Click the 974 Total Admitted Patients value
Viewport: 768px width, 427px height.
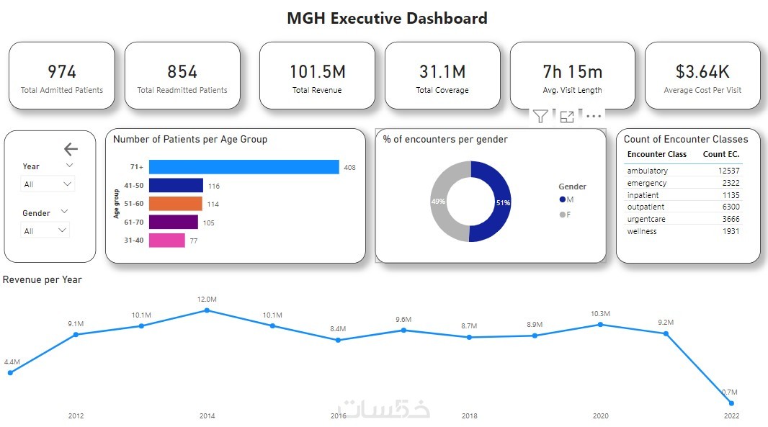pyautogui.click(x=62, y=71)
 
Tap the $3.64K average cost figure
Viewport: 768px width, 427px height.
pyautogui.click(x=702, y=71)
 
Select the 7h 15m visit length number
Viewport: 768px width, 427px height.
pyautogui.click(x=572, y=71)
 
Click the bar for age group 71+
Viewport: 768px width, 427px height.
pyautogui.click(x=244, y=167)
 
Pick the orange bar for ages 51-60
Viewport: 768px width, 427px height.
pyautogui.click(x=175, y=204)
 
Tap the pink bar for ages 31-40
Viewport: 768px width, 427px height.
pyautogui.click(x=166, y=241)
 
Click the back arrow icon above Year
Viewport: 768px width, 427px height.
pyautogui.click(x=71, y=149)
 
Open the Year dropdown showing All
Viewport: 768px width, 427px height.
pyautogui.click(x=48, y=184)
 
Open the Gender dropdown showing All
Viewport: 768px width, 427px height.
pyautogui.click(x=45, y=231)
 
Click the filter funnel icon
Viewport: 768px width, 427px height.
pyautogui.click(x=540, y=116)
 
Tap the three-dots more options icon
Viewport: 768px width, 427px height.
pyautogui.click(x=593, y=116)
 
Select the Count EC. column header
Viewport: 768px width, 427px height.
pyautogui.click(x=720, y=154)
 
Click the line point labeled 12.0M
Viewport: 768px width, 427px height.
pyautogui.click(x=207, y=310)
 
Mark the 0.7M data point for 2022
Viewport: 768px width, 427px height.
pyautogui.click(x=731, y=403)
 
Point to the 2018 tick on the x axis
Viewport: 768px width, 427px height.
pyautogui.click(x=469, y=415)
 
